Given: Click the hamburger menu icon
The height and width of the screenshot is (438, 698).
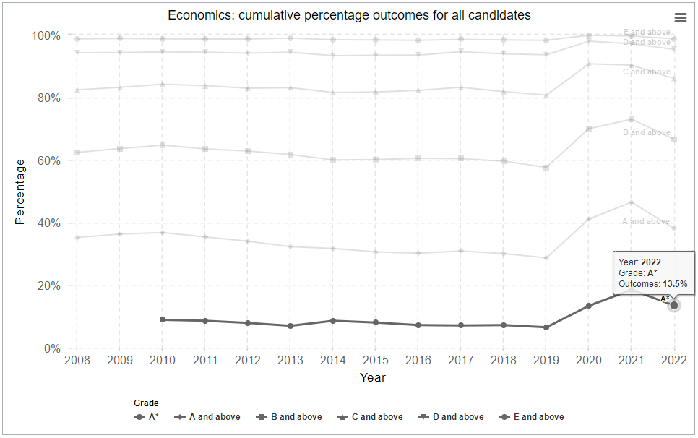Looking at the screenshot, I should [680, 18].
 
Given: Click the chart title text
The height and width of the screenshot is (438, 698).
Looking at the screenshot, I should [349, 15].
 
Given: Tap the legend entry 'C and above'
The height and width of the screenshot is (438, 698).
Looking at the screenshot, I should [370, 417].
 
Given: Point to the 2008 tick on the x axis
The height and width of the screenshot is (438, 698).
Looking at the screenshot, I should [77, 360].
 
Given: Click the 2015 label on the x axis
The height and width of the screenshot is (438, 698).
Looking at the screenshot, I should [376, 360].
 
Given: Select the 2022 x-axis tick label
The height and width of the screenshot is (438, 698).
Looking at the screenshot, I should [674, 360].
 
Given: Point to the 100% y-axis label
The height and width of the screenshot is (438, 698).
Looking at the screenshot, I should [44, 35].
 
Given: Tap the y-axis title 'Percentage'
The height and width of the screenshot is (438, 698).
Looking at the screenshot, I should [20, 192].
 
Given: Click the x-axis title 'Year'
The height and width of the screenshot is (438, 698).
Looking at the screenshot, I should [373, 377].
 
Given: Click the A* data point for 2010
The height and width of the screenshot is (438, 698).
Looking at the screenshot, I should [163, 319].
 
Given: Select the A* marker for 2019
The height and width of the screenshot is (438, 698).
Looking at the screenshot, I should [546, 327].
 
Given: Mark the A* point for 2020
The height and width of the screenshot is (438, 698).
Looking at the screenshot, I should [589, 306].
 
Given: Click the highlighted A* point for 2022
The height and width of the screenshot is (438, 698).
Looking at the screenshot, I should [674, 306].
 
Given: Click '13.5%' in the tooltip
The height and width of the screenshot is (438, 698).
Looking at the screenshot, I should [673, 285].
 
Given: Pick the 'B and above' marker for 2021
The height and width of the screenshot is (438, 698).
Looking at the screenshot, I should [632, 119].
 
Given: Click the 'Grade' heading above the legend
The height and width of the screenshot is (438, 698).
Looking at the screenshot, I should [146, 403].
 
